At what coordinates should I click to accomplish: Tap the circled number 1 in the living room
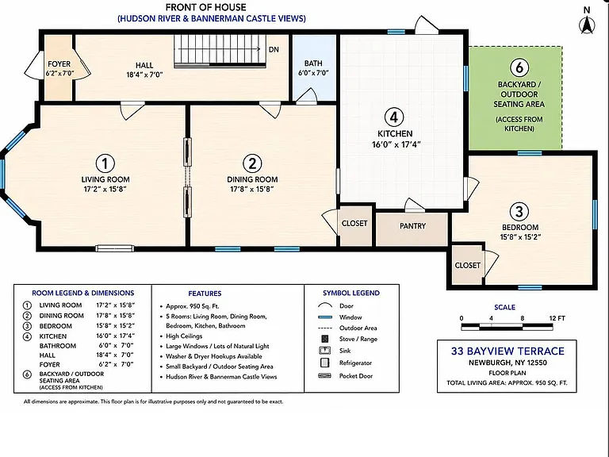click(105, 163)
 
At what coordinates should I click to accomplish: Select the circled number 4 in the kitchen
click(394, 117)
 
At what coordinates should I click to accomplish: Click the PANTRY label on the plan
click(412, 226)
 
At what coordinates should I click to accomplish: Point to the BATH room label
click(313, 63)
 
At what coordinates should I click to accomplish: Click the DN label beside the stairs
click(274, 49)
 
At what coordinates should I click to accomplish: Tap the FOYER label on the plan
click(59, 63)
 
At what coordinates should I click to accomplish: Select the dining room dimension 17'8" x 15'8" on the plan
click(252, 189)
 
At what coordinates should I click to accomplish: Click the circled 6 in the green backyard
click(519, 67)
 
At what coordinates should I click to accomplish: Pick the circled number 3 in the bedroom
click(519, 211)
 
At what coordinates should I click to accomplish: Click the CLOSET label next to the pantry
click(354, 224)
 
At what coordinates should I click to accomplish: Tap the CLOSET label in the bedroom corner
click(467, 266)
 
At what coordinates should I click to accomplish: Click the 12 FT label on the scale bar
click(557, 318)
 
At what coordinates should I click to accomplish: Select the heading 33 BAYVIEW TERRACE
click(507, 351)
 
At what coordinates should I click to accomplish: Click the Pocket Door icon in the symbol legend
click(324, 376)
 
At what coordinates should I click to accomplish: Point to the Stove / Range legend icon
click(324, 339)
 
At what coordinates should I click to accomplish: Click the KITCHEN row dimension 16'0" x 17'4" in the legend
click(115, 336)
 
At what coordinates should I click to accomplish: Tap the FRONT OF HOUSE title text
click(206, 7)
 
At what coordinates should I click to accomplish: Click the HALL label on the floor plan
click(144, 65)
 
